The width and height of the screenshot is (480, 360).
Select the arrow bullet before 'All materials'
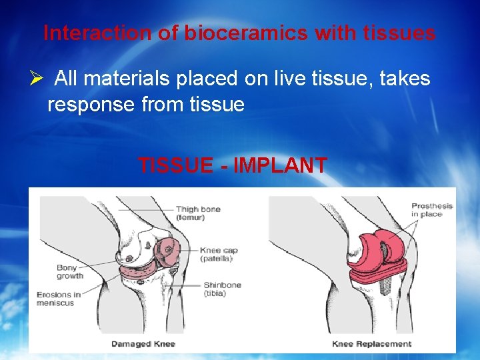point(37,79)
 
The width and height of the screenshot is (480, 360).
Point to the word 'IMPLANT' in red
point(280,165)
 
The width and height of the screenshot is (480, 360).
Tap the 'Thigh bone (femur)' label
point(199,213)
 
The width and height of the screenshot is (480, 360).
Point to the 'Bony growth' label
point(70,271)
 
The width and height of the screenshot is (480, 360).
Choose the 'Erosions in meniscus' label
point(59,299)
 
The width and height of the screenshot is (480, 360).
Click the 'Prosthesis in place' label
point(431,210)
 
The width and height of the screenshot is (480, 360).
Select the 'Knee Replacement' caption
point(371,344)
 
